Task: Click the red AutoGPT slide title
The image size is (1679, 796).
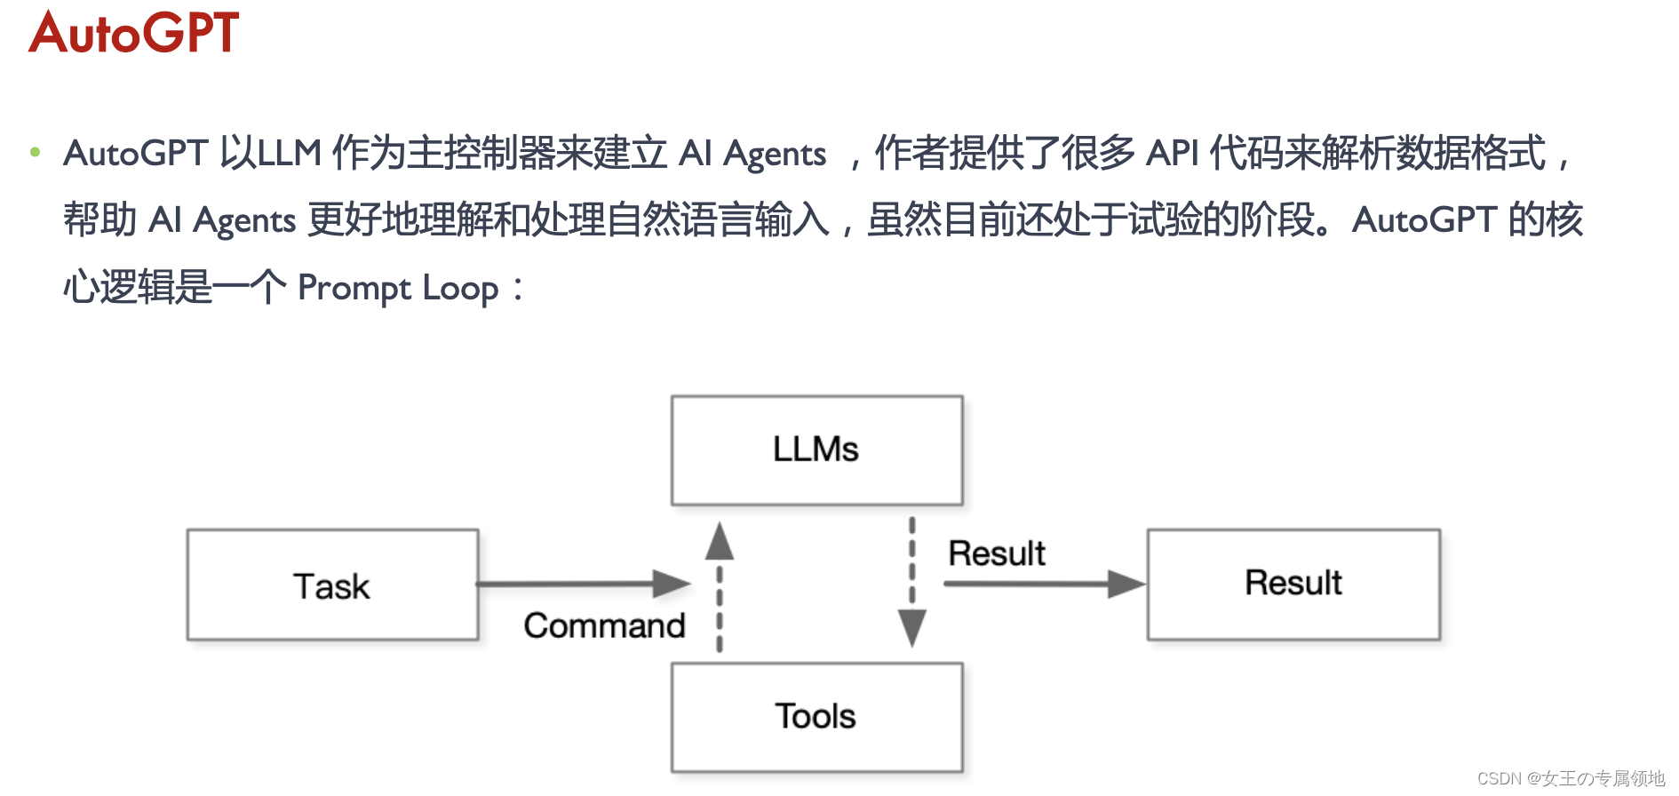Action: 134,33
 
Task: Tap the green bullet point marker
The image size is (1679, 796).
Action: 35,152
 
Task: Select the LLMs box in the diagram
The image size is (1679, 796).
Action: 816,450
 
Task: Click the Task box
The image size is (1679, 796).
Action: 332,585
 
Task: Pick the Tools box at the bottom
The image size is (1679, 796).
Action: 816,717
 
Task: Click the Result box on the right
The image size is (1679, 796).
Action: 1293,584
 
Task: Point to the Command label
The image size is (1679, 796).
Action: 604,625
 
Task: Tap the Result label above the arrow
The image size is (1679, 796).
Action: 996,553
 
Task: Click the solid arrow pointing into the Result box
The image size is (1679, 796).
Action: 1044,584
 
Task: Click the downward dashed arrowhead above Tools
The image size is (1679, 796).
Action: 911,627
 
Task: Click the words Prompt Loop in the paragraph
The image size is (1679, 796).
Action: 398,288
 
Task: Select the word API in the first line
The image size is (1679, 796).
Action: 1172,153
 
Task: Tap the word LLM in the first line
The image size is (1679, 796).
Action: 289,153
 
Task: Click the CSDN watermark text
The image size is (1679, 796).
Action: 1571,778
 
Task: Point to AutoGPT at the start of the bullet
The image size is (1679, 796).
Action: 135,153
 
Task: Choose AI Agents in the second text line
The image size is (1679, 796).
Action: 222,220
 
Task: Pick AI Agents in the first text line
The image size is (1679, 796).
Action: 752,153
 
